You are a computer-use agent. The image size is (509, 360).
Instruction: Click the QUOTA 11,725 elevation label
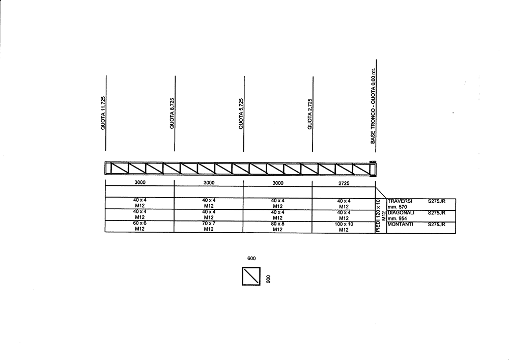(x=103, y=113)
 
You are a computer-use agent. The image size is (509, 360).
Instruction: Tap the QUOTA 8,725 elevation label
(x=172, y=113)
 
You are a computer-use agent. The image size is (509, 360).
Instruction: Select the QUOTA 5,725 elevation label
(x=241, y=114)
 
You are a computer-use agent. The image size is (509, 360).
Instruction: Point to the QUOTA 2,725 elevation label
(x=309, y=114)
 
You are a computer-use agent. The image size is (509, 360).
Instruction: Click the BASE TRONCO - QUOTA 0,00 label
(x=373, y=106)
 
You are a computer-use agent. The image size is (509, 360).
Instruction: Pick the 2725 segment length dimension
(x=344, y=183)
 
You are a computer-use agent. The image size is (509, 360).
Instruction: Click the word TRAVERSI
(x=400, y=201)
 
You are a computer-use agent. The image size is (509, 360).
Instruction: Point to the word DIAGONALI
(x=401, y=213)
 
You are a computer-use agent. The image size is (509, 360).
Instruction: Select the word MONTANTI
(x=400, y=225)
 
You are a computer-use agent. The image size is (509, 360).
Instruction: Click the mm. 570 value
(x=397, y=207)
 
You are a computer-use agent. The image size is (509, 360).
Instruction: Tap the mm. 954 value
(x=397, y=218)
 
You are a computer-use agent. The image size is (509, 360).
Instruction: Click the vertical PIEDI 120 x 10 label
(x=378, y=215)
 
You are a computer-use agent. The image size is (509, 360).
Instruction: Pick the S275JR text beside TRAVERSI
(x=437, y=201)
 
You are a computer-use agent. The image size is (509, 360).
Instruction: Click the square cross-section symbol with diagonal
(x=251, y=276)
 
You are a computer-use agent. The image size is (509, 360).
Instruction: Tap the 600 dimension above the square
(x=251, y=258)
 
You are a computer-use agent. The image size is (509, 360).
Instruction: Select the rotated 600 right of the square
(x=268, y=279)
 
